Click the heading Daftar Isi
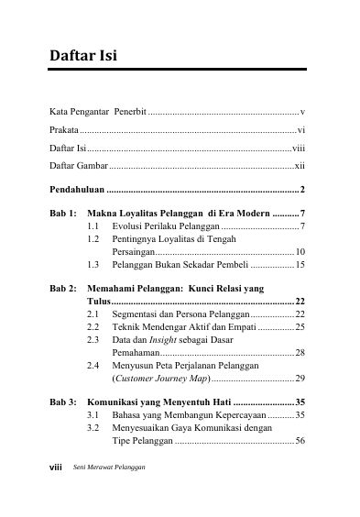pos(82,60)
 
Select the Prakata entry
pos(63,131)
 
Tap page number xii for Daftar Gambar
pos(300,166)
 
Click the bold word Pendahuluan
pos(77,190)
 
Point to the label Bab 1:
pos(63,213)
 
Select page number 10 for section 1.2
pos(300,251)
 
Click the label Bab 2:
pos(63,288)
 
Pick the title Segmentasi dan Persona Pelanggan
pos(175,313)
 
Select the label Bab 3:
pos(63,401)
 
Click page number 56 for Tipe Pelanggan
pos(300,440)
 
